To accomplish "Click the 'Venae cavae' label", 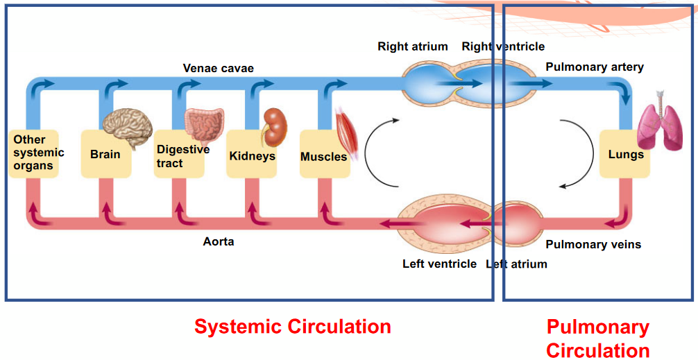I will tap(218, 68).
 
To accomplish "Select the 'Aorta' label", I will tap(218, 242).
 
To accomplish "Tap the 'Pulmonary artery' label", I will tap(595, 67).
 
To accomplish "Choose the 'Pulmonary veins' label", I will tap(593, 245).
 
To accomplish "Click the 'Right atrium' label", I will tap(412, 47).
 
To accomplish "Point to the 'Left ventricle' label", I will tap(439, 264).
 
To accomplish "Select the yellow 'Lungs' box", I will tap(625, 155).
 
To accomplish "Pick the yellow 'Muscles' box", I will tap(323, 157).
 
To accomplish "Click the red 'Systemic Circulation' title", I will tap(292, 327).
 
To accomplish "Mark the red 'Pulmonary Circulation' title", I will tap(597, 338).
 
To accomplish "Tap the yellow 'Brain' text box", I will tap(105, 155).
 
